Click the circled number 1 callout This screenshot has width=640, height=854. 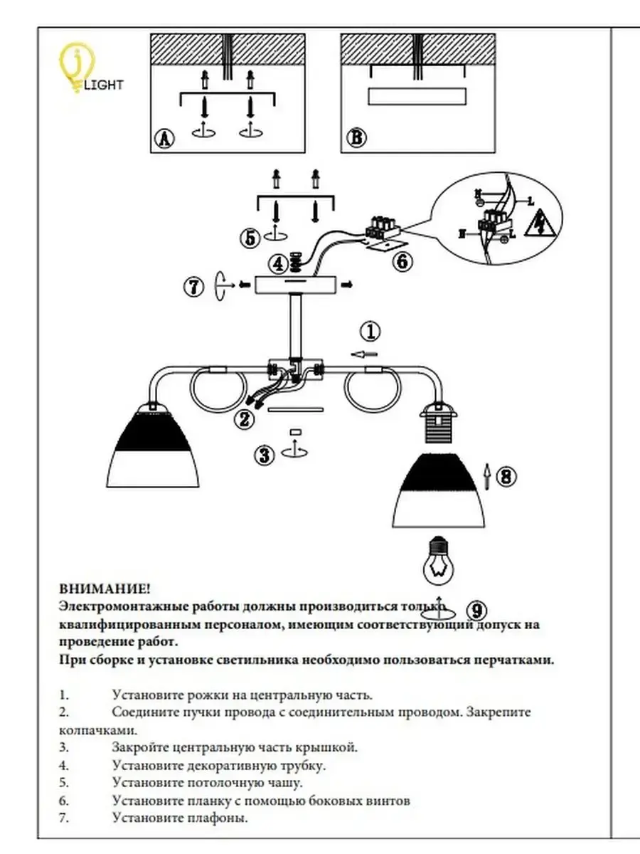click(370, 331)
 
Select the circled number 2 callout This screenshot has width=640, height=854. click(245, 419)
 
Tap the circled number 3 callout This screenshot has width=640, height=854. click(265, 455)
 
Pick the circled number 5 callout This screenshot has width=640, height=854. click(250, 238)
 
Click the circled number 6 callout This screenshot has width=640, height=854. click(402, 261)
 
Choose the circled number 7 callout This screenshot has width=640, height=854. click(193, 287)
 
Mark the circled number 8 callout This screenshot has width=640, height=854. click(505, 476)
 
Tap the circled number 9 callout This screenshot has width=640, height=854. click(478, 610)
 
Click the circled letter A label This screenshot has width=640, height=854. click(164, 139)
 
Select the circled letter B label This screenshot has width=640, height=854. click(353, 138)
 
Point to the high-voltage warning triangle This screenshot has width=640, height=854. click(540, 224)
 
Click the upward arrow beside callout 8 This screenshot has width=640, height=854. click(487, 476)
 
